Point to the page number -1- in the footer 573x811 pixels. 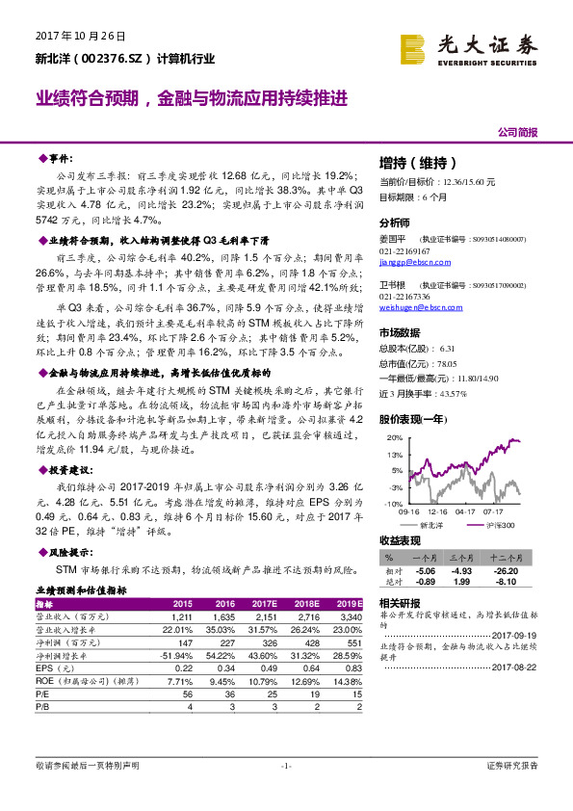point(286,766)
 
